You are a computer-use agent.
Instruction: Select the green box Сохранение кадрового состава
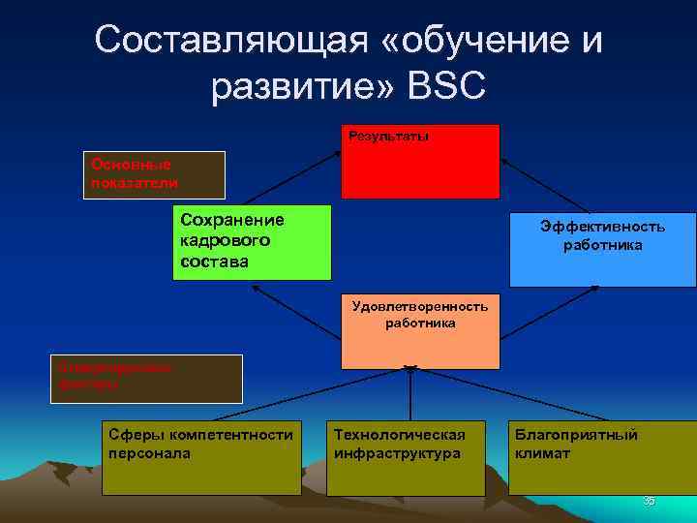click(x=252, y=242)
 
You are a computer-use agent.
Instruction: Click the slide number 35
click(x=649, y=501)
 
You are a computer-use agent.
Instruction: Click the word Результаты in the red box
click(x=388, y=137)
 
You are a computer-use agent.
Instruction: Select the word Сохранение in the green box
click(x=232, y=220)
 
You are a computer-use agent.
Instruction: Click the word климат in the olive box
click(x=542, y=452)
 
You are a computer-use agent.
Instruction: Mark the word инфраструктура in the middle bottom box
click(x=397, y=452)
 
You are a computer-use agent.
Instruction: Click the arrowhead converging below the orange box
click(x=410, y=368)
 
